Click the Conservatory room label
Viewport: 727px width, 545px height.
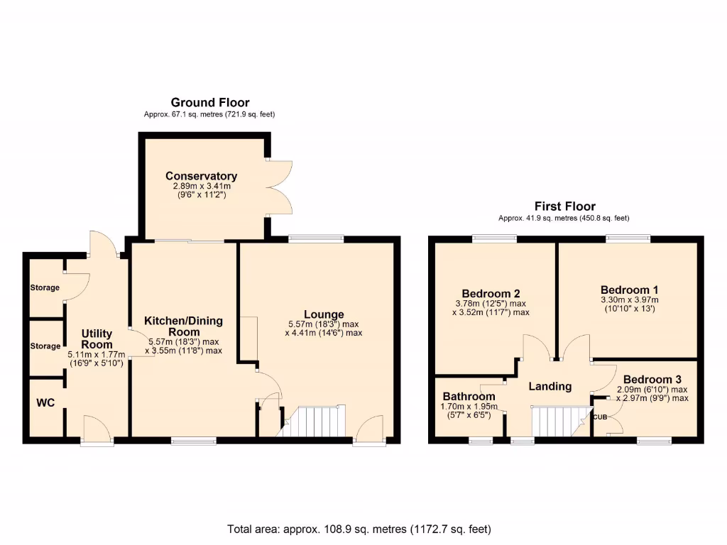pyautogui.click(x=201, y=176)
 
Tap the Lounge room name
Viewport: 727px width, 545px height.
pyautogui.click(x=324, y=314)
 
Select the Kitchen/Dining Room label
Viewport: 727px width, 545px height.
pyautogui.click(x=183, y=326)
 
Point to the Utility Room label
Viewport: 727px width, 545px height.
pyautogui.click(x=97, y=338)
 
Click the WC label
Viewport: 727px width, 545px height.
pyautogui.click(x=46, y=403)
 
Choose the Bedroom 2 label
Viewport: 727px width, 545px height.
pyautogui.click(x=491, y=294)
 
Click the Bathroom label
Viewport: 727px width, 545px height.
pyautogui.click(x=469, y=396)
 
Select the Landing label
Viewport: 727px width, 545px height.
pyautogui.click(x=550, y=387)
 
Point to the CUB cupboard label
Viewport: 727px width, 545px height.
pyautogui.click(x=600, y=417)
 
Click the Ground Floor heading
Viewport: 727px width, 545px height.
pyautogui.click(x=209, y=103)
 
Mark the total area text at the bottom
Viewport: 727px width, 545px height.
pyautogui.click(x=359, y=529)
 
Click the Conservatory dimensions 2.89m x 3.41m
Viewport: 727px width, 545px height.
pyautogui.click(x=201, y=187)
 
